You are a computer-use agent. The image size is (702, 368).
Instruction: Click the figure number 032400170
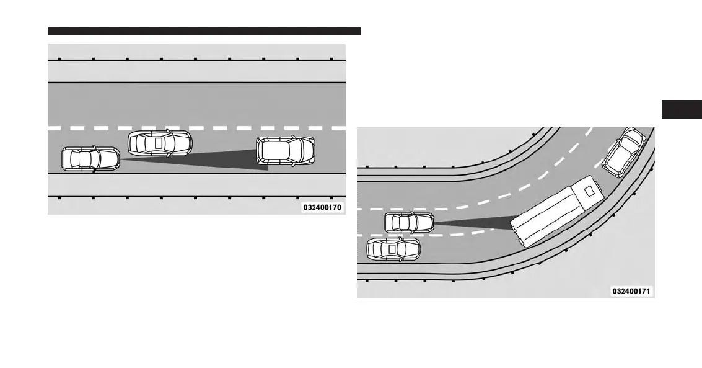click(322, 207)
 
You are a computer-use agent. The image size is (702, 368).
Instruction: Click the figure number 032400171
click(631, 290)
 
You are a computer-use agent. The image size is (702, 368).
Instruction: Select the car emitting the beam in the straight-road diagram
click(90, 159)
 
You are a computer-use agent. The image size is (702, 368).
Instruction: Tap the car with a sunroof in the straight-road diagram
click(160, 143)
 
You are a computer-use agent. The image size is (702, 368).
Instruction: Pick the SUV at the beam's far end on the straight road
click(286, 151)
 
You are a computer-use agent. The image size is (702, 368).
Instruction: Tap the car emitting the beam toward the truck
click(409, 222)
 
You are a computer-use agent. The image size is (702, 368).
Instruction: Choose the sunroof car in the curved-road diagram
click(393, 248)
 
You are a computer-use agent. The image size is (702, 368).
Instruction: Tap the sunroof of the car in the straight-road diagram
click(159, 143)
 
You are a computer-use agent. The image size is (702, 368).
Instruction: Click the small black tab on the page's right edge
click(681, 109)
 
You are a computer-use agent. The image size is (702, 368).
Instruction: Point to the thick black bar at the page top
click(204, 31)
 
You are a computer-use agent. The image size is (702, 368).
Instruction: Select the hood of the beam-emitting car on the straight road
click(110, 159)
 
